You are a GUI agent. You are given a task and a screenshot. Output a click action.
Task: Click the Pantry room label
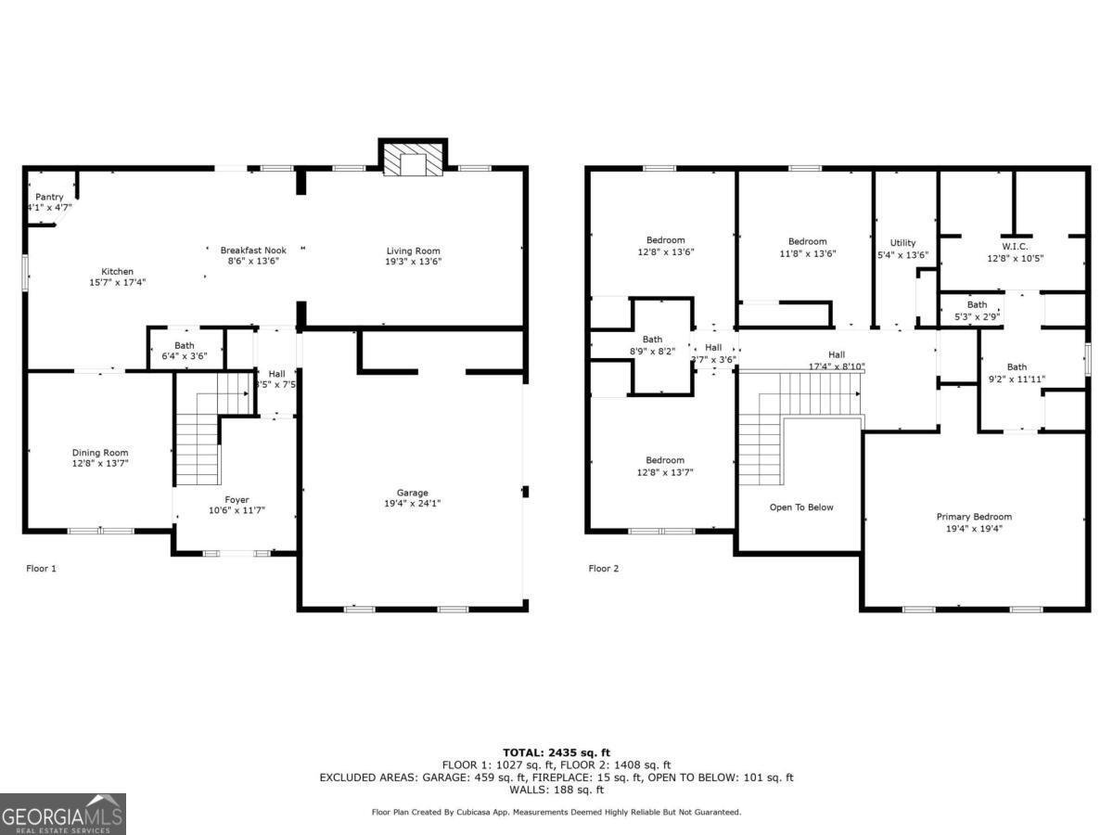coord(49,197)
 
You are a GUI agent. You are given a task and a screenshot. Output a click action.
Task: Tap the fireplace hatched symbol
coord(413,160)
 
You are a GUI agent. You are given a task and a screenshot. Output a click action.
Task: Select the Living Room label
coord(413,250)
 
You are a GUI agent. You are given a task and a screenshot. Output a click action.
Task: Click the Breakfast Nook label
coord(253,250)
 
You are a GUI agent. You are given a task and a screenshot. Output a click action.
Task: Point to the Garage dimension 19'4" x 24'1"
coord(413,504)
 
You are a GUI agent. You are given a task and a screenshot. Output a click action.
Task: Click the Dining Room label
coord(100,453)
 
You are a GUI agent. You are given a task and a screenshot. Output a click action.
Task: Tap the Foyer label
coord(236,499)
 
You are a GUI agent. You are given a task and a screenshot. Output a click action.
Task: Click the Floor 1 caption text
coord(41,568)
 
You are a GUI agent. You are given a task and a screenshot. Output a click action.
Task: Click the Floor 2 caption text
coord(603,568)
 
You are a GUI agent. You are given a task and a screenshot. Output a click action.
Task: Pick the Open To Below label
coord(801,507)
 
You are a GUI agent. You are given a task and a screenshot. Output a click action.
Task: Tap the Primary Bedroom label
coord(974,517)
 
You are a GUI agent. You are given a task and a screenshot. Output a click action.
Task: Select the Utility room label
coord(902,243)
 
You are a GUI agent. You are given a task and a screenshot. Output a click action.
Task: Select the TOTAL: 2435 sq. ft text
coord(556,752)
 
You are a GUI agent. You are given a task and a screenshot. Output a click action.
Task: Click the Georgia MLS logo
coord(63,814)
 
